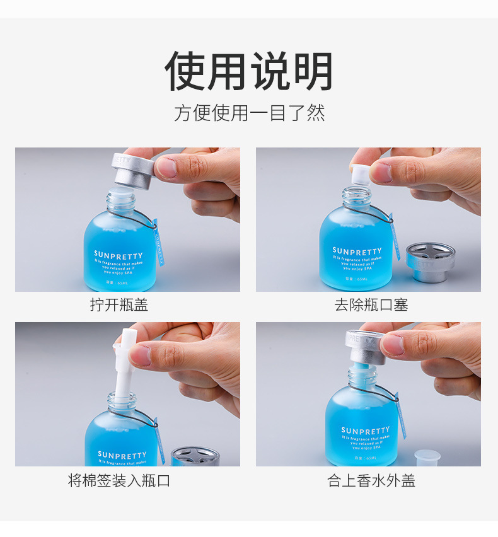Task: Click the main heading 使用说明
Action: (248, 71)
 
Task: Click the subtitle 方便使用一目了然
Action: (249, 113)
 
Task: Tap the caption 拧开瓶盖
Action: (119, 305)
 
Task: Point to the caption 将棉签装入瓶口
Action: (119, 481)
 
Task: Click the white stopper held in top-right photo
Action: (359, 174)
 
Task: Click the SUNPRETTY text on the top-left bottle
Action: (119, 255)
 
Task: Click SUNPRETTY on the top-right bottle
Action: (357, 251)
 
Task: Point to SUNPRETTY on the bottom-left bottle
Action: (122, 454)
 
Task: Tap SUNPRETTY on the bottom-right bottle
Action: (365, 431)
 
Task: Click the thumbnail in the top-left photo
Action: (166, 168)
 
